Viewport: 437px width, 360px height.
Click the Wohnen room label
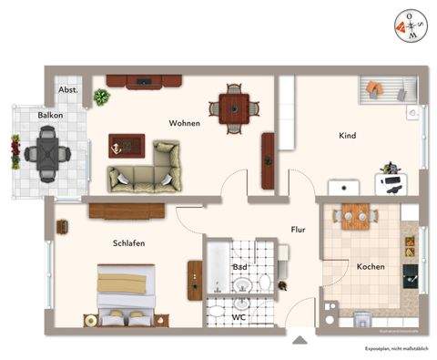184,123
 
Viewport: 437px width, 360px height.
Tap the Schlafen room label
129,243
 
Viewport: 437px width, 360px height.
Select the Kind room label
347,136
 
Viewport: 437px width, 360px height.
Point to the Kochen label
371,267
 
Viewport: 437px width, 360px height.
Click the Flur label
297,231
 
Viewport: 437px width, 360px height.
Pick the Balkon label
50,117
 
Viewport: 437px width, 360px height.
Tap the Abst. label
68,91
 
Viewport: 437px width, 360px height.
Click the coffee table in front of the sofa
126,144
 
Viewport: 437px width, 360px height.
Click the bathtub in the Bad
218,267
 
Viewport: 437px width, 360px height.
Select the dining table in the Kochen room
355,216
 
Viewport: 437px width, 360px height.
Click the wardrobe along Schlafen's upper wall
126,211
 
